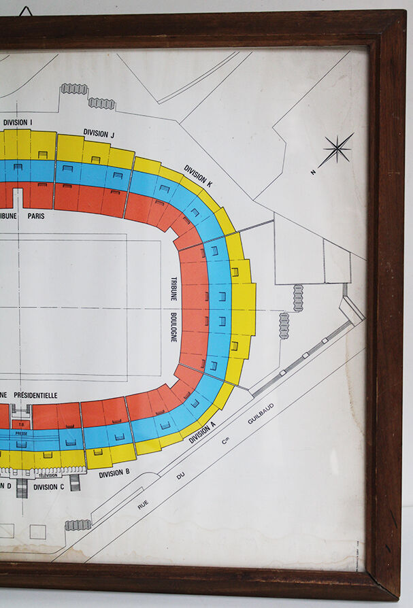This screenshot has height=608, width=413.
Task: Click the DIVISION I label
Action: [x=18, y=122]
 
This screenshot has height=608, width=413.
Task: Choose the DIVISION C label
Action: [x=49, y=487]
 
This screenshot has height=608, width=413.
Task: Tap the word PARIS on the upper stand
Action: [x=36, y=216]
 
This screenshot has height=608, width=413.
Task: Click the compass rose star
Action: [x=337, y=149]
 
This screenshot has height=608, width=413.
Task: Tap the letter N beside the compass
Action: [x=313, y=172]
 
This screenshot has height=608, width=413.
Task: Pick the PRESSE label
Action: [x=21, y=433]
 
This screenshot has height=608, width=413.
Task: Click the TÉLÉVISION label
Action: [x=48, y=475]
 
